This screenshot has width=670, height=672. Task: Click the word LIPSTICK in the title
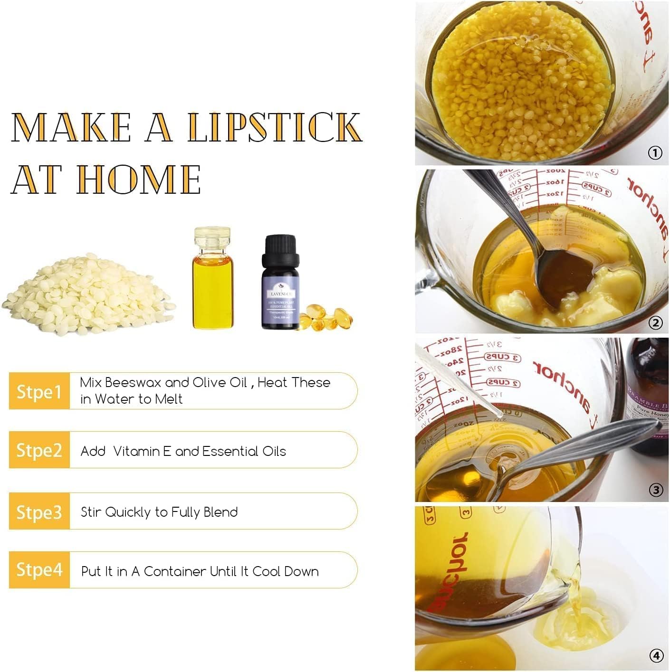(x=275, y=127)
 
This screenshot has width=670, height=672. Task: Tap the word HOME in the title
(x=139, y=180)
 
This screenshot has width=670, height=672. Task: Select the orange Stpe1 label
(x=39, y=392)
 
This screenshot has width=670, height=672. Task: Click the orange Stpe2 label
(x=39, y=450)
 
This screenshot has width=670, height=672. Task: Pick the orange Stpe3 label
(x=39, y=512)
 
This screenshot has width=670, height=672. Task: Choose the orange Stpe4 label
(x=39, y=569)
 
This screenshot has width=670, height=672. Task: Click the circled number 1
(x=655, y=153)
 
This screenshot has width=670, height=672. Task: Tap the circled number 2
(x=655, y=323)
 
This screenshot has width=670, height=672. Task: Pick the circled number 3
(x=656, y=490)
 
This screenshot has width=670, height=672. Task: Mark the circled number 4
(x=656, y=656)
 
